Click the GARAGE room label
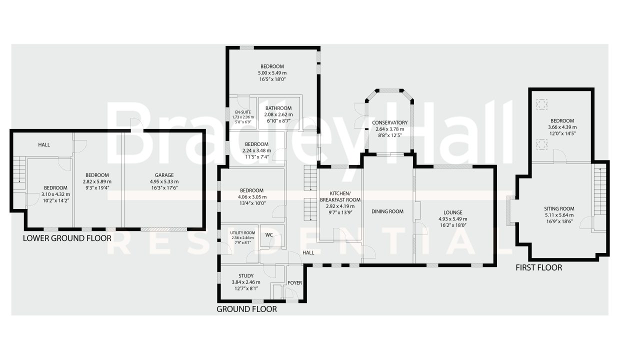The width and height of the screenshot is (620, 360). (164, 175)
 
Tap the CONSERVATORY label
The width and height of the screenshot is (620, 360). (389, 122)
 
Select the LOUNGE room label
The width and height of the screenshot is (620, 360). (453, 212)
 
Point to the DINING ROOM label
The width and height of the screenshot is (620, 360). (387, 211)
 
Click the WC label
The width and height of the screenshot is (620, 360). (269, 235)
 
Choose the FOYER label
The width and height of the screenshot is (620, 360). (295, 283)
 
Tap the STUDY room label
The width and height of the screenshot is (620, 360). (246, 276)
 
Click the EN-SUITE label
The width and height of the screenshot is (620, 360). (242, 112)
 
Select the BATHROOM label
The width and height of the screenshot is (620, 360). (278, 108)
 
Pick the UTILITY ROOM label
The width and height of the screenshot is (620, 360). (242, 233)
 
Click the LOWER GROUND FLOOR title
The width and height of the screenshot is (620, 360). (67, 238)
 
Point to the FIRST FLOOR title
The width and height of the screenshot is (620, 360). (539, 267)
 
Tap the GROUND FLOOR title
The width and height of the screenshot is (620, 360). (246, 309)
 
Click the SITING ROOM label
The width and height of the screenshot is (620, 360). (559, 208)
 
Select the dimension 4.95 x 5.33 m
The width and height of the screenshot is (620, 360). (164, 182)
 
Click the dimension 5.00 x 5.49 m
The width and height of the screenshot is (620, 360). (272, 73)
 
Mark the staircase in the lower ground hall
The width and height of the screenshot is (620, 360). (19, 173)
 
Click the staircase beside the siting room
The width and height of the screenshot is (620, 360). (599, 191)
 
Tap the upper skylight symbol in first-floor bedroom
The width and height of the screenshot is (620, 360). (541, 104)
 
